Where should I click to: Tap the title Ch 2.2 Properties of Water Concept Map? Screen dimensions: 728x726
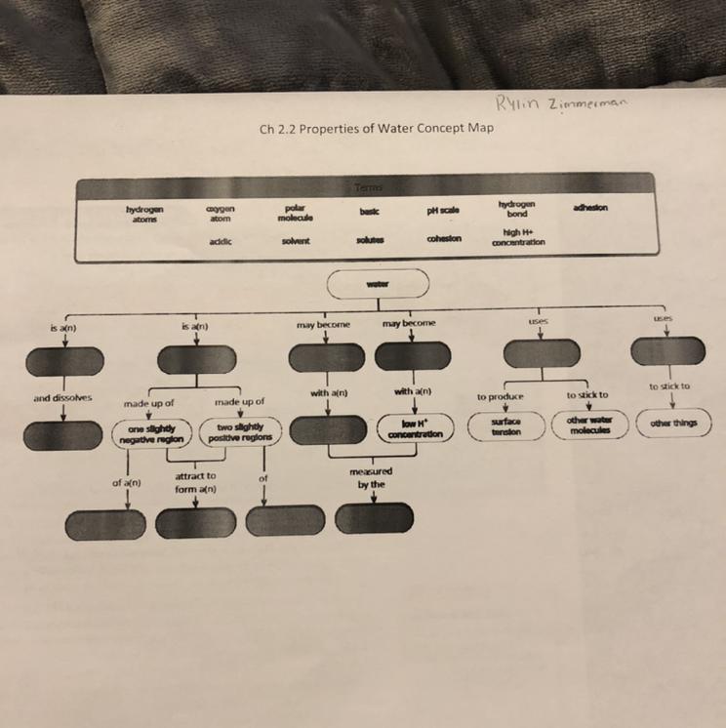point(377,128)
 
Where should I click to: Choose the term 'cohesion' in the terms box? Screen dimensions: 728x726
point(443,241)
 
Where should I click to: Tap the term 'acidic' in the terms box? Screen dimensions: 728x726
point(219,240)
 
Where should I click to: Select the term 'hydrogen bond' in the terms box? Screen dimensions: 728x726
point(517,208)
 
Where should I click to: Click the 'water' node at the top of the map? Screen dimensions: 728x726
point(378,284)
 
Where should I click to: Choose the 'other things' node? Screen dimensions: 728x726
point(673,425)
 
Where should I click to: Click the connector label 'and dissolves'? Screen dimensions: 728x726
point(61,398)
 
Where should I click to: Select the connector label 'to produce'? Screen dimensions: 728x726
point(501,396)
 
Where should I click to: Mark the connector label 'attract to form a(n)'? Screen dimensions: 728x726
point(197,482)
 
